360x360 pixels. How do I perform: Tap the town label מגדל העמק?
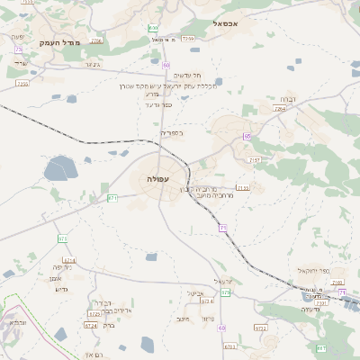coord(60,42)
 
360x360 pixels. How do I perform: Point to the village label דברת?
coord(287,99)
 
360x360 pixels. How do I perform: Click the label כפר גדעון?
coord(157,103)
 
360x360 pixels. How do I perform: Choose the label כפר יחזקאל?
coord(315,270)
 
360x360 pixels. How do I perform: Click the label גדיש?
coord(61,289)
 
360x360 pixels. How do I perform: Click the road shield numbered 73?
coord(17,49)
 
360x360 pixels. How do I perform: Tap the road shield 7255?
coord(187,39)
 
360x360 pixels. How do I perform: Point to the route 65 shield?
coord(246,137)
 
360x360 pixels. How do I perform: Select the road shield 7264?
coord(280,109)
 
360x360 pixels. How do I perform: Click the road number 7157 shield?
coord(256,159)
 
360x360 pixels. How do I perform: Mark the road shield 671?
coord(112,197)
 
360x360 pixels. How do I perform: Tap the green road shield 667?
coord(321,347)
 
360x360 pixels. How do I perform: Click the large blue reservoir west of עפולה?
coord(60,168)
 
